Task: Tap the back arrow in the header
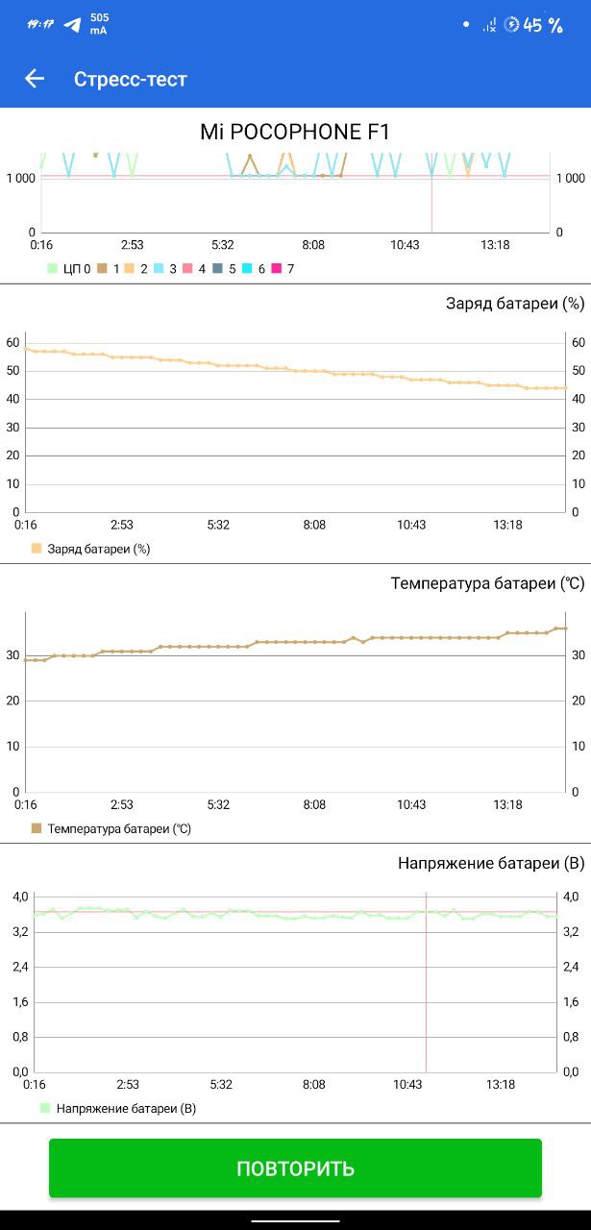(x=35, y=79)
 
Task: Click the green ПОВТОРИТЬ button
(x=295, y=1168)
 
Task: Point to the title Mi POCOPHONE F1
(x=295, y=133)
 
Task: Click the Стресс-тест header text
(x=131, y=79)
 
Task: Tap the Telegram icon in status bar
(x=72, y=24)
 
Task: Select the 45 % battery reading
(x=543, y=25)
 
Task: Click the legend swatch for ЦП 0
(x=53, y=269)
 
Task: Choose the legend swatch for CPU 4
(x=188, y=269)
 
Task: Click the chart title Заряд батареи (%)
(x=515, y=304)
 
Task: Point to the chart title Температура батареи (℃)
(x=487, y=583)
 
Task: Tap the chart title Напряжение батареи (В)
(x=491, y=863)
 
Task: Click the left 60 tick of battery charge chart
(x=12, y=342)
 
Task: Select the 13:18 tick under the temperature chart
(x=507, y=804)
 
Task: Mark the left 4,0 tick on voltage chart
(x=20, y=897)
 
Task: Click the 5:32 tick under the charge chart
(x=218, y=525)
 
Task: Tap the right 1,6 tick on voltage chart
(x=570, y=1001)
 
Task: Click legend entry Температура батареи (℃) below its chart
(x=119, y=828)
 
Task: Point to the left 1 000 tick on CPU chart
(x=21, y=178)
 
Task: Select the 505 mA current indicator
(x=99, y=24)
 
